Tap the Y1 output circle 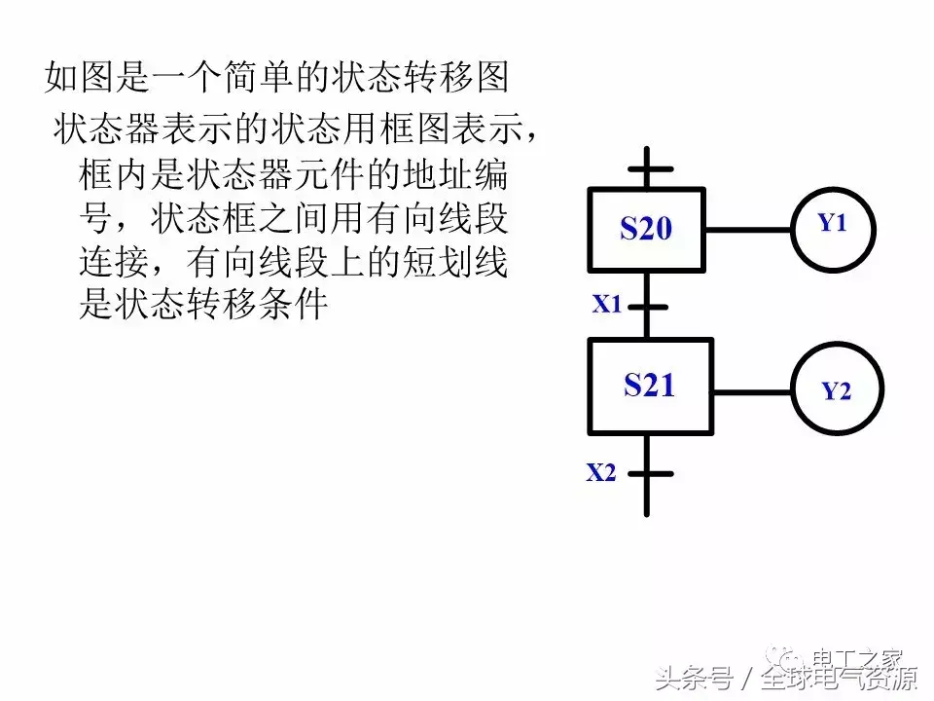click(832, 230)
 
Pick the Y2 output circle click(837, 390)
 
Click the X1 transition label click(607, 305)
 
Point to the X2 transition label click(601, 474)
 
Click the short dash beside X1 click(647, 306)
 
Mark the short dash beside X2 click(649, 474)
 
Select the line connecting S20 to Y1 click(747, 231)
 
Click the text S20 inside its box click(647, 229)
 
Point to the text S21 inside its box click(649, 386)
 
